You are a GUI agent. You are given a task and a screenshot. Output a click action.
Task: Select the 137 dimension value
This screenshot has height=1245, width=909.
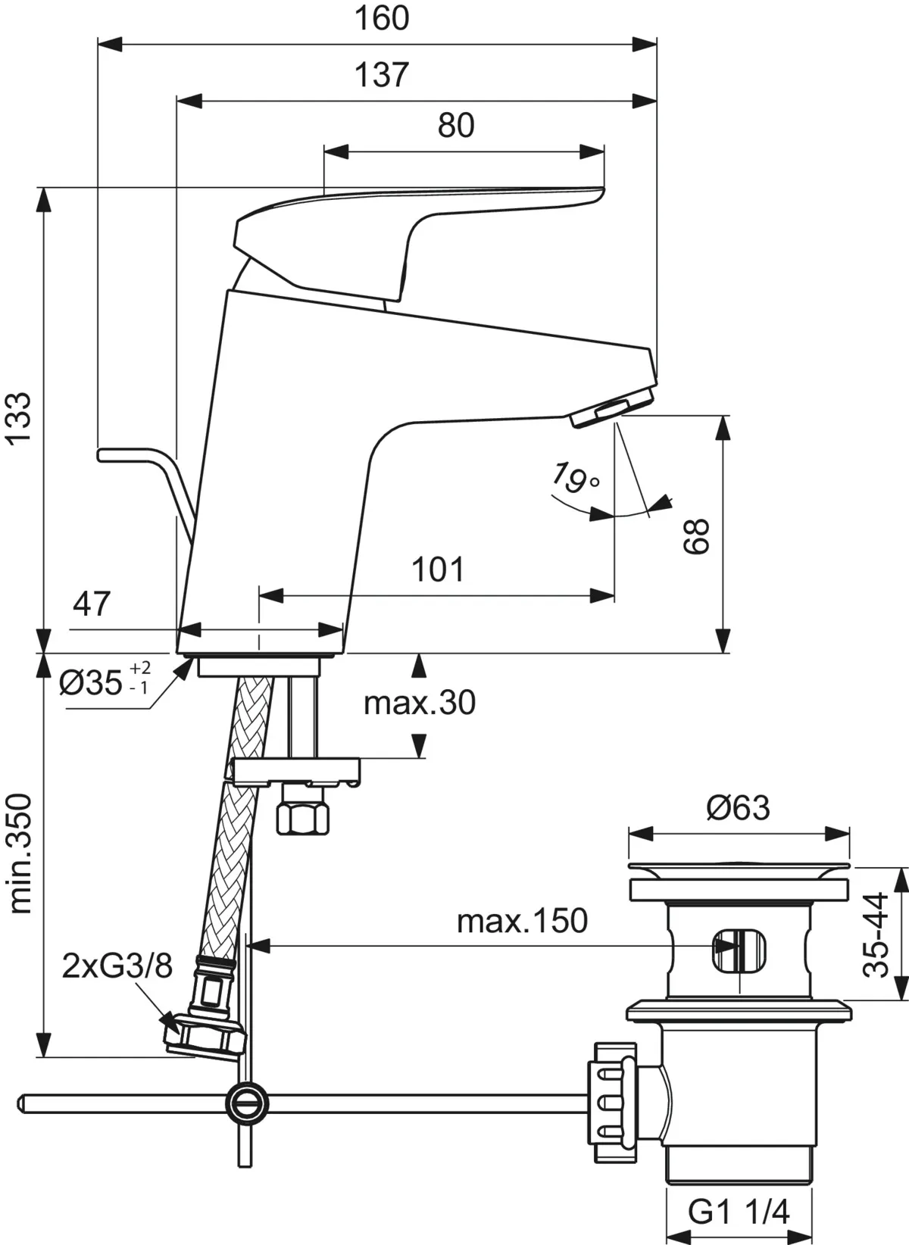point(382,75)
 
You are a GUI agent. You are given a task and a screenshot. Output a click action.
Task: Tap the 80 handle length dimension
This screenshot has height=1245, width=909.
point(456,126)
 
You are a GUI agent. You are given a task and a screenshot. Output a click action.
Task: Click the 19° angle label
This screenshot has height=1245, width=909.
point(573,477)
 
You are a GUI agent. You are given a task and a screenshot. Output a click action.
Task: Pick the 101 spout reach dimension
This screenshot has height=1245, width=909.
point(438,569)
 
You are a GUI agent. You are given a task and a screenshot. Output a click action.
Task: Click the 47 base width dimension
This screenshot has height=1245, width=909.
point(92,604)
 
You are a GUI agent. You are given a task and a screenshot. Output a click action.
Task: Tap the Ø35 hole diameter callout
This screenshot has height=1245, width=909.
point(105,682)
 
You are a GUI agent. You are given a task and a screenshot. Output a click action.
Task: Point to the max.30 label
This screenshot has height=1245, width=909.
point(420,704)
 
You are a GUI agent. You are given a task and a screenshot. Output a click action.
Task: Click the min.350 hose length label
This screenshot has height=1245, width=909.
point(20,853)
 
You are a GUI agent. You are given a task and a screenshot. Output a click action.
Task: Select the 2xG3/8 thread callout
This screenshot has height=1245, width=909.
point(117,966)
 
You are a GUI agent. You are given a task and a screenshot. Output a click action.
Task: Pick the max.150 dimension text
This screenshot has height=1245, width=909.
point(522,922)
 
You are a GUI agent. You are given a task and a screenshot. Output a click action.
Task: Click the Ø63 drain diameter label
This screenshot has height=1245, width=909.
point(738,808)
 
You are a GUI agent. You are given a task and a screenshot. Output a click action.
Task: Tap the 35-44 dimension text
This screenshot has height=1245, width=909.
point(876,935)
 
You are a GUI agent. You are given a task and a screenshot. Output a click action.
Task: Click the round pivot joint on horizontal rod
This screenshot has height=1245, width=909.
point(248,1099)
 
